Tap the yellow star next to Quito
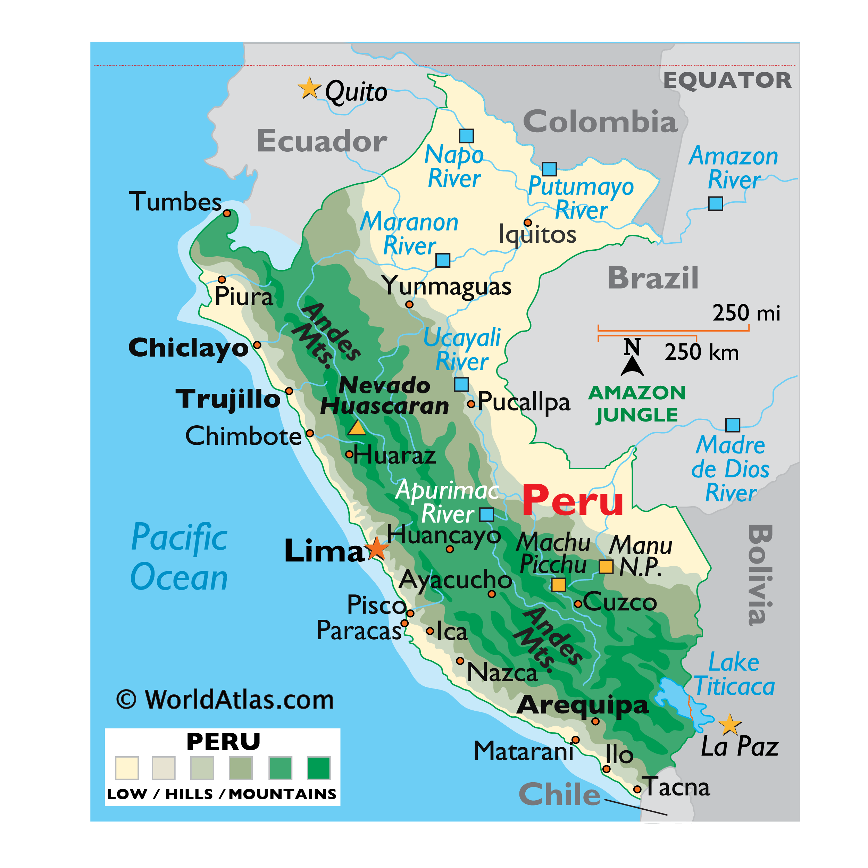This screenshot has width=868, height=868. (310, 88)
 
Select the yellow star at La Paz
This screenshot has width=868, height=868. (729, 724)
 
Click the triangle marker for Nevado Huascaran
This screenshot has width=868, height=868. (357, 428)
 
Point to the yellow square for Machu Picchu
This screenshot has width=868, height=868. (558, 584)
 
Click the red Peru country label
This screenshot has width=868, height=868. (573, 501)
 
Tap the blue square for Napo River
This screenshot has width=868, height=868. (466, 136)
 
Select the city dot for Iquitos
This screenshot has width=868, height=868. (528, 223)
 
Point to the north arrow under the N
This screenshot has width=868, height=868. (632, 366)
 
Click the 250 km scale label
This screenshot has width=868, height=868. (701, 352)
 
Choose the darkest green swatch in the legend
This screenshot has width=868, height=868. (318, 768)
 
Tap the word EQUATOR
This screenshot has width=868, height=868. (727, 81)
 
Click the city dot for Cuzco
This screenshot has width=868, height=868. (578, 604)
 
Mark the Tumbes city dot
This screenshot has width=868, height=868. (227, 214)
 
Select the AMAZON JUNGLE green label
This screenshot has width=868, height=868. (637, 403)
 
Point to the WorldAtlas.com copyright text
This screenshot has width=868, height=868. (225, 700)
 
